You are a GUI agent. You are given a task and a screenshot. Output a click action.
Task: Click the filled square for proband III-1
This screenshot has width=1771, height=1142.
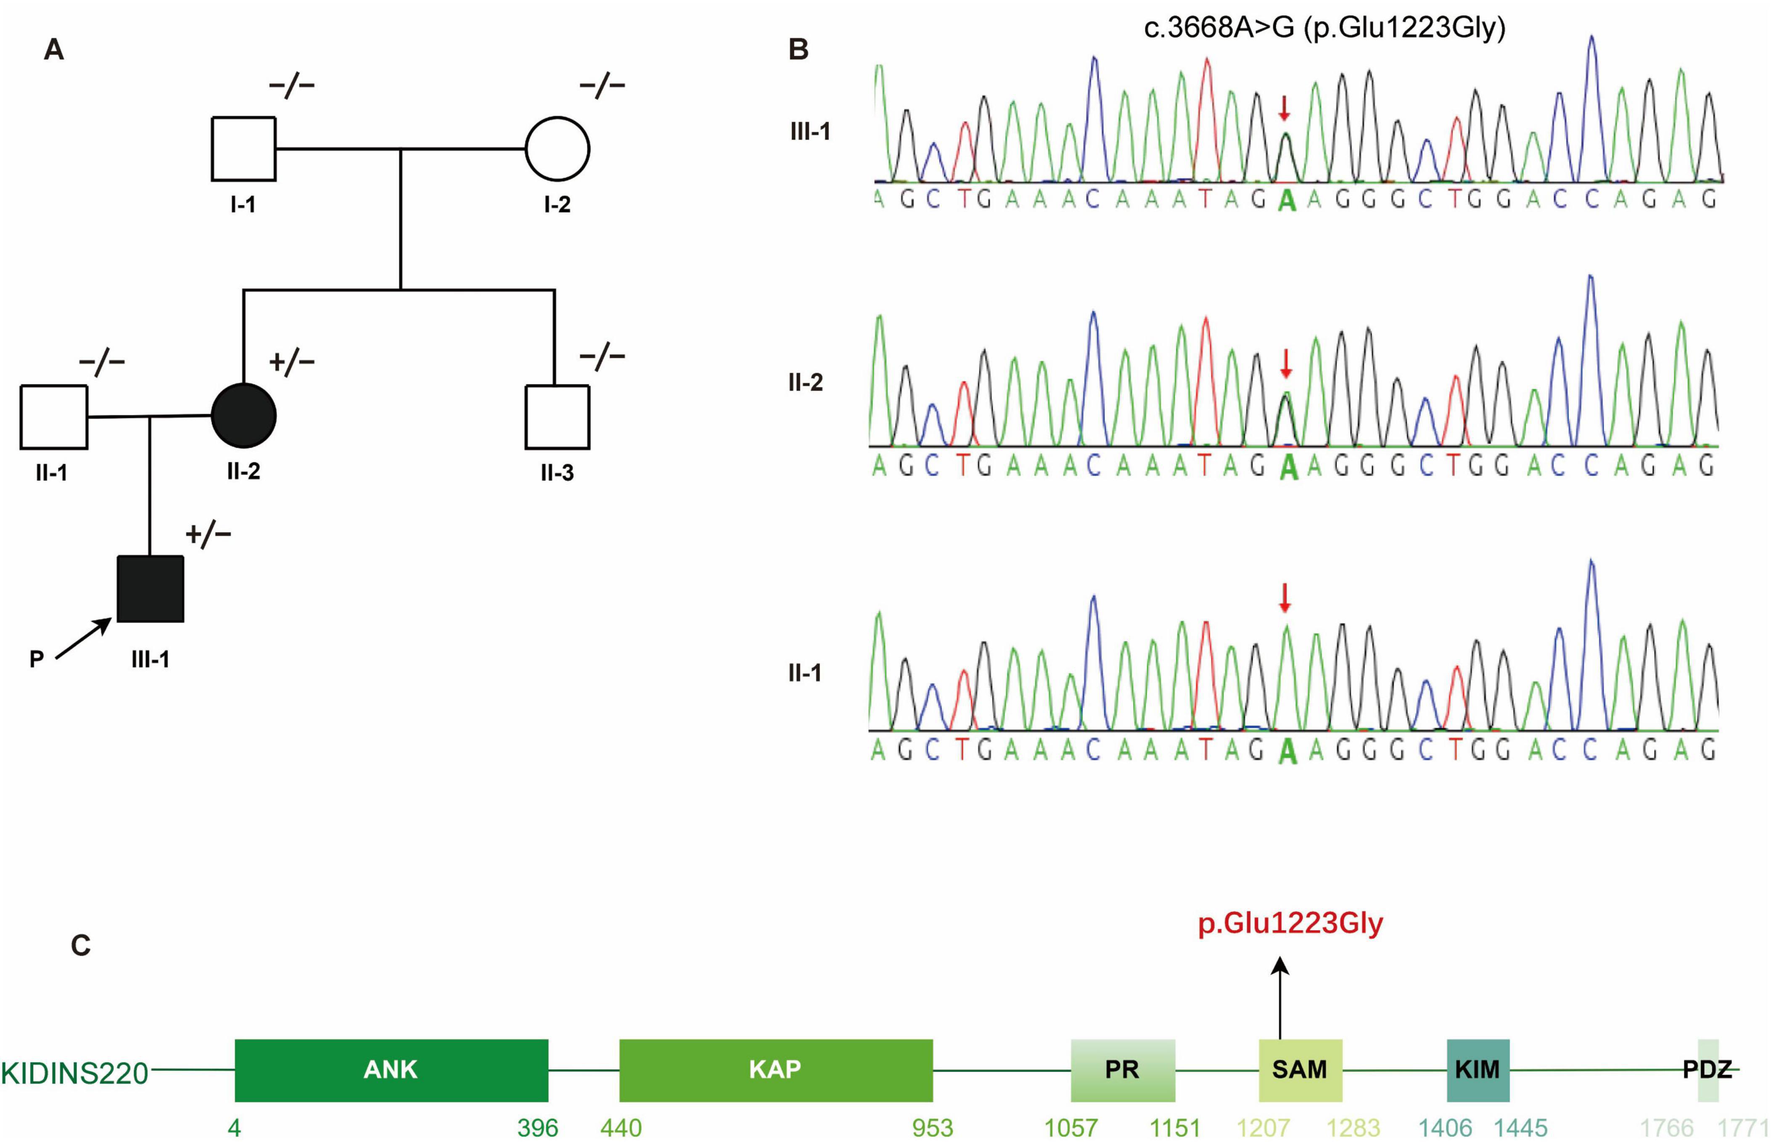pos(151,588)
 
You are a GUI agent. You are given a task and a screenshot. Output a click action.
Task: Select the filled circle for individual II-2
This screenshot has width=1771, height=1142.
pos(244,416)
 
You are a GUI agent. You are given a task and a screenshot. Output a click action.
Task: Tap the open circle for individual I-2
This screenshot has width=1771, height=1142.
pos(558,149)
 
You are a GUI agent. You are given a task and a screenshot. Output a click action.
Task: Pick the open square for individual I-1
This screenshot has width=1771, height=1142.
pos(244,149)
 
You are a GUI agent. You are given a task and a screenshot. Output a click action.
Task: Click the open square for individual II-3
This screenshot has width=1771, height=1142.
pos(558,417)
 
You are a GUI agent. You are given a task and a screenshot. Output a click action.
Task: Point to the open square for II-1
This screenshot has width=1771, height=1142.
pos(53,417)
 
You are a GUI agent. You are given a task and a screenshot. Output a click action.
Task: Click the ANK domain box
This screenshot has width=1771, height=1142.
pos(391,1070)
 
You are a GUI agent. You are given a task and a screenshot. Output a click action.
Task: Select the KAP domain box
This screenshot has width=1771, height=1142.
pos(775,1070)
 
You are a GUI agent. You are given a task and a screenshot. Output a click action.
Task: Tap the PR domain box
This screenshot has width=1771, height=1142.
pos(1122,1070)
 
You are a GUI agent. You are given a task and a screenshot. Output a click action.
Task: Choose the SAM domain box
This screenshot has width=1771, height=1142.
pos(1300,1070)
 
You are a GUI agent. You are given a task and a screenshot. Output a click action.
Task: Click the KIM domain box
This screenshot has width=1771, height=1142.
pos(1478,1070)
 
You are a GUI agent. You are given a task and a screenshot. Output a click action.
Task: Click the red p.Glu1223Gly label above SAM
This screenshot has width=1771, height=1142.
pos(1290,924)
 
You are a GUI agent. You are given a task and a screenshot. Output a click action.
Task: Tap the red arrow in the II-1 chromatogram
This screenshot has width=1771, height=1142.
pos(1285,597)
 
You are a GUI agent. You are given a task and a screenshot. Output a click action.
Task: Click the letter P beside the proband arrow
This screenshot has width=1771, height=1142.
pos(36,658)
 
